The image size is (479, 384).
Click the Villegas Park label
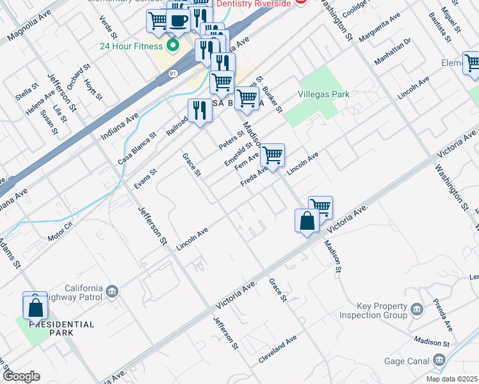point(324,94)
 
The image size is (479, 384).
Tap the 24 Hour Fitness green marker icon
point(172,46)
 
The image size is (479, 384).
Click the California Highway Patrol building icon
point(113,292)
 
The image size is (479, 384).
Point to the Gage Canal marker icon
point(439,361)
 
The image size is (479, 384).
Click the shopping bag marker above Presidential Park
point(35,307)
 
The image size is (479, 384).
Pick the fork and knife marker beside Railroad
point(200,111)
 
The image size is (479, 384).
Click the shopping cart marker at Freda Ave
point(273,155)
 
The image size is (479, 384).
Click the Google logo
point(20,376)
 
